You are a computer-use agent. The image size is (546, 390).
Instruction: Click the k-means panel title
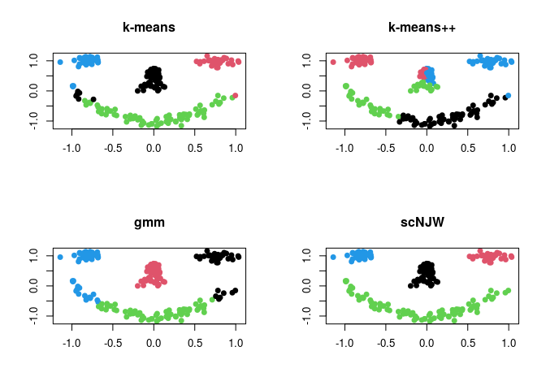tap(149, 28)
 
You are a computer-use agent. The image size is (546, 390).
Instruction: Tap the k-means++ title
tap(422, 28)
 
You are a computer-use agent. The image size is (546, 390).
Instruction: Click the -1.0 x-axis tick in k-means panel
tap(71, 149)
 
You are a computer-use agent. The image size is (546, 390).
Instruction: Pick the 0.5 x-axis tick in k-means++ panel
tap(467, 149)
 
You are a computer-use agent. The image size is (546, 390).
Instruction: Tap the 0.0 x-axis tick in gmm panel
tap(154, 344)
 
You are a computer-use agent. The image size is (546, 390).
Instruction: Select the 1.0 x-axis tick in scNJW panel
tap(509, 344)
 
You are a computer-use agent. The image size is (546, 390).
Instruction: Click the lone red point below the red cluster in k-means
tap(235, 96)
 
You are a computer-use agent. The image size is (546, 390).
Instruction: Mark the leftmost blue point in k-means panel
tap(60, 62)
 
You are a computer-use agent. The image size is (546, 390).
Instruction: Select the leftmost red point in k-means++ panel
tap(333, 62)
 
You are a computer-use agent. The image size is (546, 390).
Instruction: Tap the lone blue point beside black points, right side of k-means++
tap(508, 96)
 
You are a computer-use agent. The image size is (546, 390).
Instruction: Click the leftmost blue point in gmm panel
tap(60, 257)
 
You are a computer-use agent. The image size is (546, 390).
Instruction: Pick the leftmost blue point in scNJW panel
tap(333, 257)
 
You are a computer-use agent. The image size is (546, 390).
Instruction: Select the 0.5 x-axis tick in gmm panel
tap(194, 344)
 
